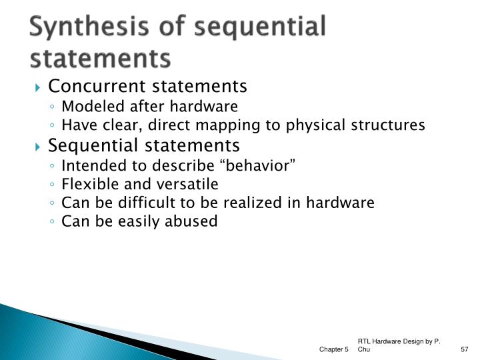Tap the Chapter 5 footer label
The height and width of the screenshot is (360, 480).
pyautogui.click(x=333, y=349)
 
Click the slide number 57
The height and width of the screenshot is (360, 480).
pyautogui.click(x=465, y=349)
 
